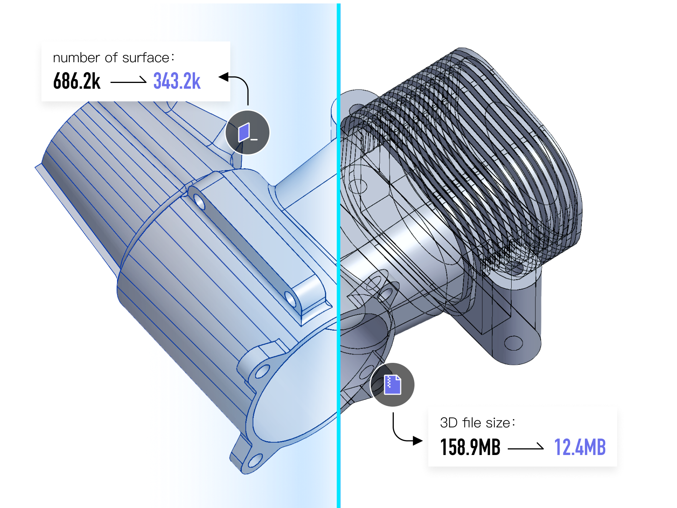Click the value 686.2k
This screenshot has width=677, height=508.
[x=77, y=81]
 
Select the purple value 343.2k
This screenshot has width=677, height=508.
[x=177, y=81]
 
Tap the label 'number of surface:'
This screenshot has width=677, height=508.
[x=114, y=58]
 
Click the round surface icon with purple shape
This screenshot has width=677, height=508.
[x=248, y=132]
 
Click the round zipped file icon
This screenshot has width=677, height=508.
[x=392, y=384]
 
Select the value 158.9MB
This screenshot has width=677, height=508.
[x=470, y=447]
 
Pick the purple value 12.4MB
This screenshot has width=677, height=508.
[x=580, y=447]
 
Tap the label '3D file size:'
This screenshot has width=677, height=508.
[x=477, y=423]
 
